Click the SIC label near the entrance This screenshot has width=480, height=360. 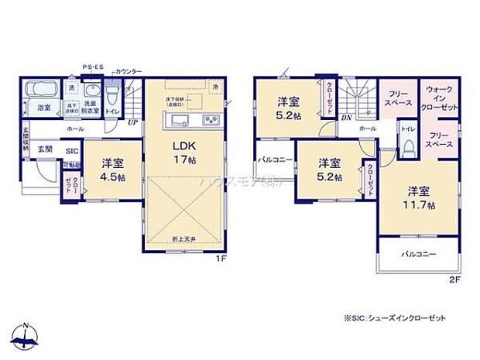click(x=71, y=151)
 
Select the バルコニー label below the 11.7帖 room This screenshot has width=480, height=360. click(x=418, y=254)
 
